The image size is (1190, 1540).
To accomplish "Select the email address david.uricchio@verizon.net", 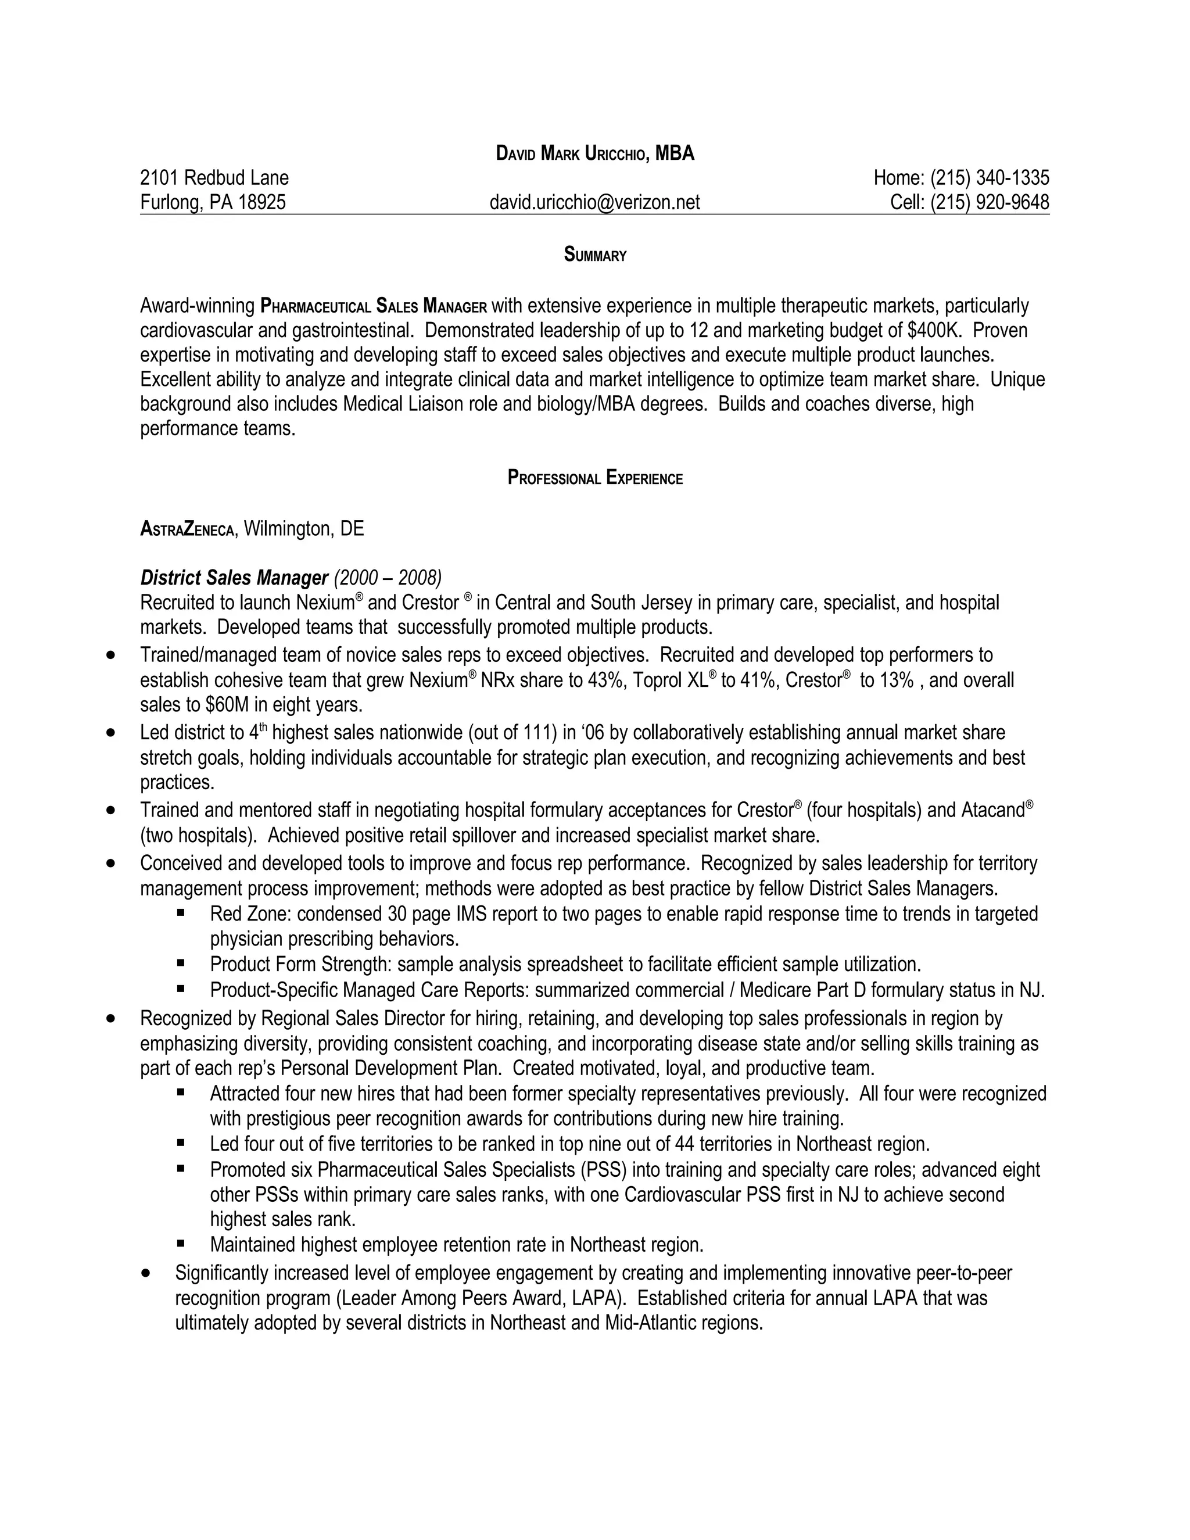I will point(594,202).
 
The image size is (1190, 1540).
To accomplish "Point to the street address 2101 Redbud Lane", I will point(214,178).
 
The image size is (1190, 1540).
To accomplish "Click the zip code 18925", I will point(261,202).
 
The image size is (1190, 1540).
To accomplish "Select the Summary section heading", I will point(595,255).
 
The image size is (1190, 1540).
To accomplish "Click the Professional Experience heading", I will point(595,478).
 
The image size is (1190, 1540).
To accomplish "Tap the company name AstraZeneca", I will point(187,529).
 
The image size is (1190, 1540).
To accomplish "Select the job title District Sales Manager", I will point(234,578).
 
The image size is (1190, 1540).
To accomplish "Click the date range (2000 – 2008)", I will point(387,578).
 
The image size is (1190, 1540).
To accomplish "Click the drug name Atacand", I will point(992,811).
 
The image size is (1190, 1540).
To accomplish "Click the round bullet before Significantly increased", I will point(146,1273).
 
